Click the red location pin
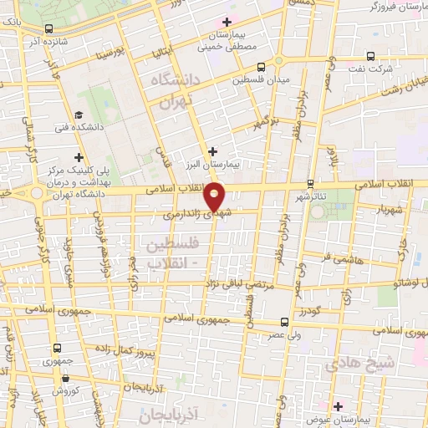coord(215,197)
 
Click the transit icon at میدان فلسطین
coord(262,67)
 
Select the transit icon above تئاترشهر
coord(310,183)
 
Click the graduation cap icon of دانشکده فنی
coord(78,115)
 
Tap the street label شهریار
coord(390,209)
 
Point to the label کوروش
coord(64,390)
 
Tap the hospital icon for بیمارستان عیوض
coord(336,406)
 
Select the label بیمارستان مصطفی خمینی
coord(223,42)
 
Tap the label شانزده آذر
coord(47,40)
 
